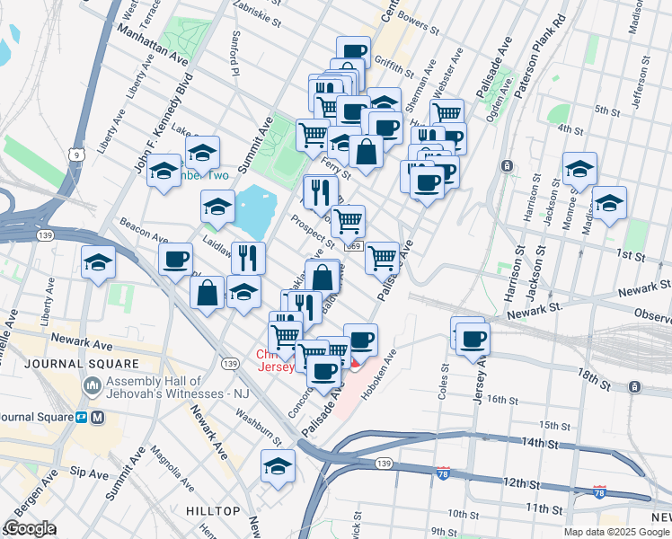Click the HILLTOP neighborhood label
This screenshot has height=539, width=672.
point(213,511)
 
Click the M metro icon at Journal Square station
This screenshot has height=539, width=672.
point(98,418)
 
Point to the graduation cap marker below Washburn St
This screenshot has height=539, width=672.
point(278,467)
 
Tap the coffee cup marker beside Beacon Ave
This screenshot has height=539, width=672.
point(175,260)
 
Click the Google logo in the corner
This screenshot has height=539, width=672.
point(29,529)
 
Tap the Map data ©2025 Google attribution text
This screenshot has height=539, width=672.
point(616,532)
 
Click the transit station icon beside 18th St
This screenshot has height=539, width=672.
point(635,387)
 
